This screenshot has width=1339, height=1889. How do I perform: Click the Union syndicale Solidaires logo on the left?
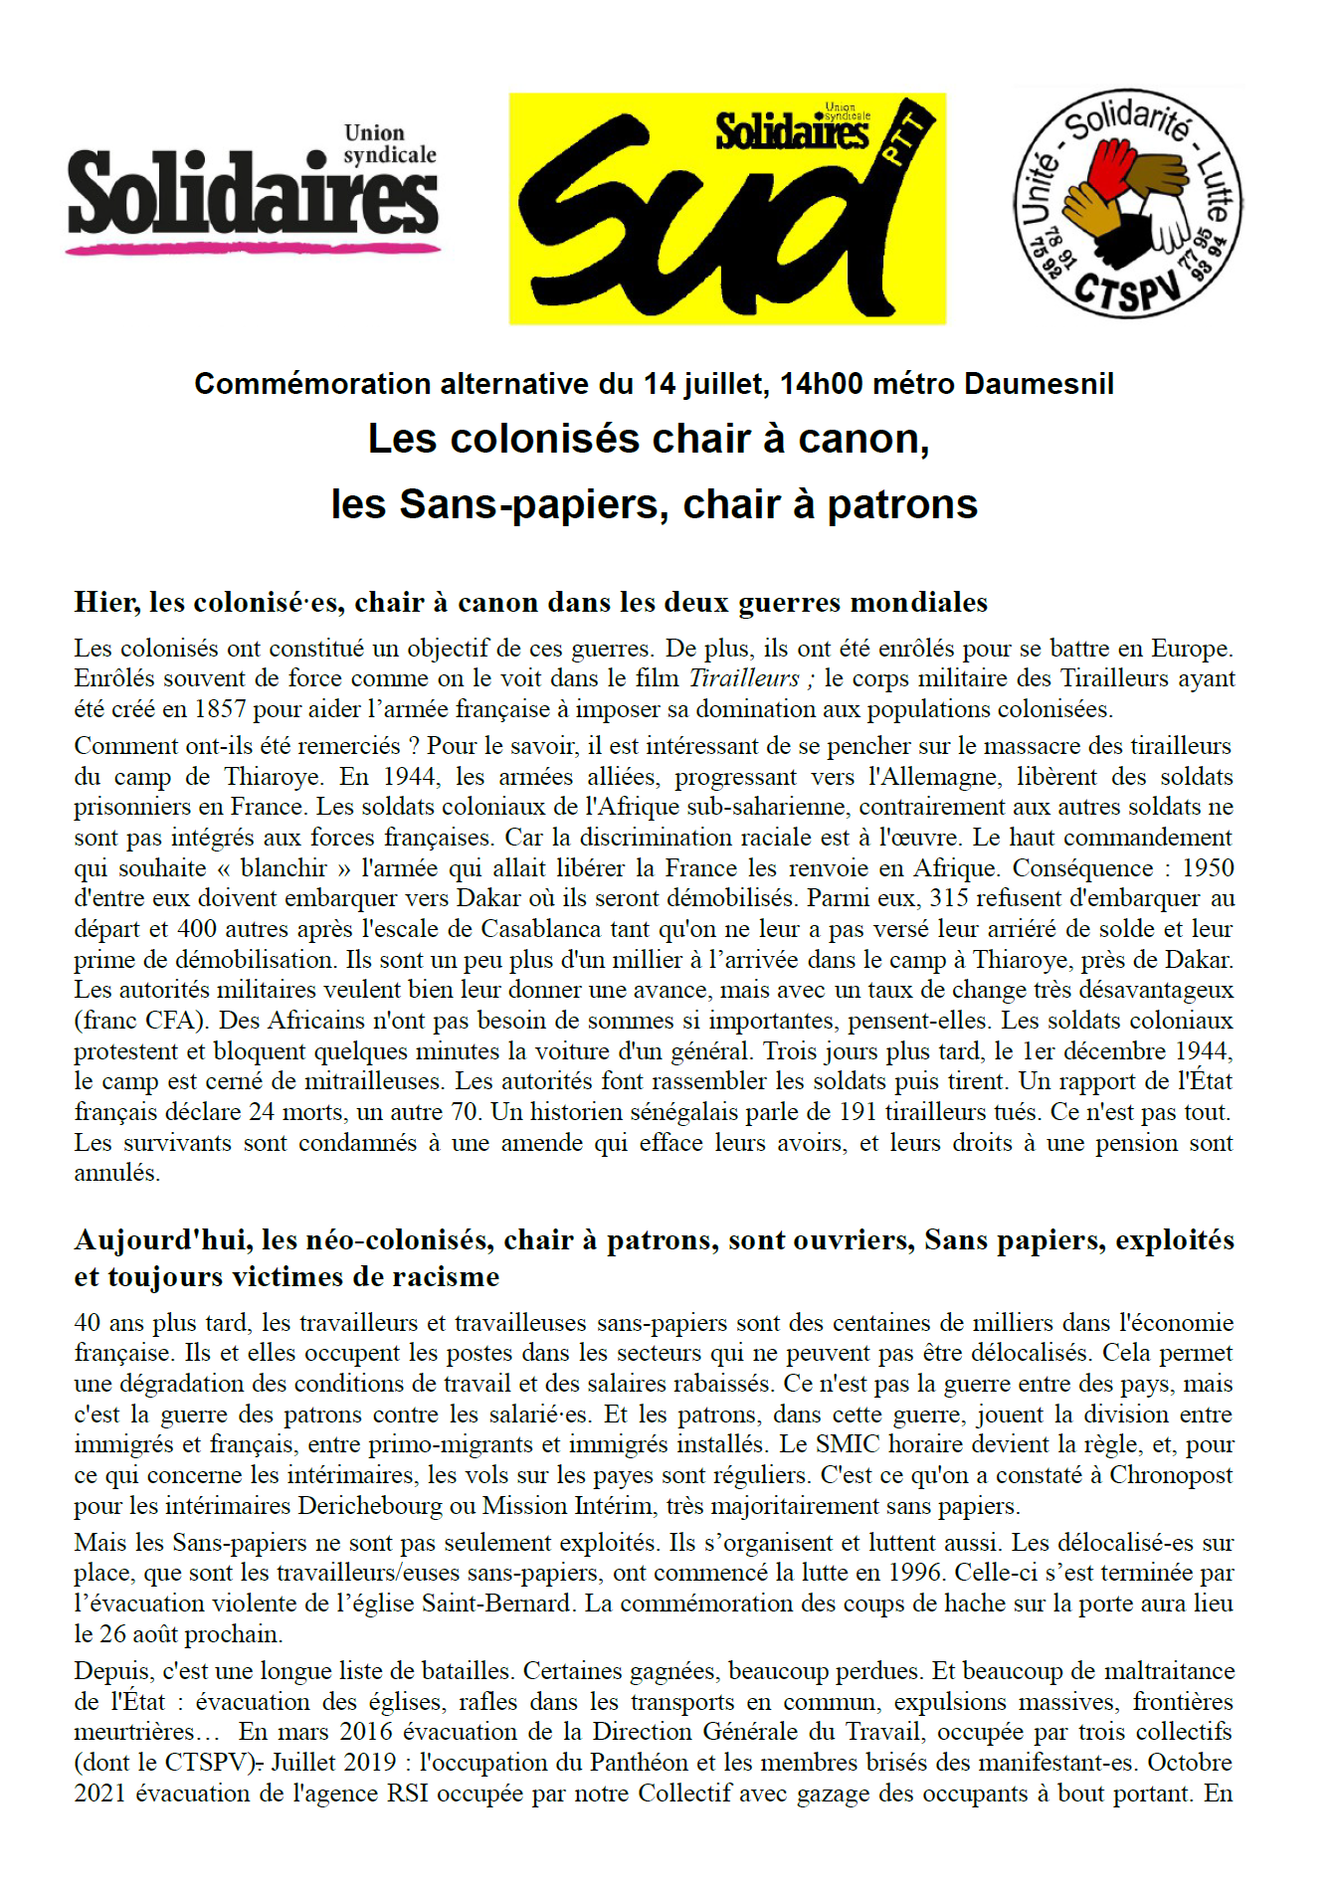253,189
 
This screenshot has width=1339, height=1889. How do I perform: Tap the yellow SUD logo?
727,209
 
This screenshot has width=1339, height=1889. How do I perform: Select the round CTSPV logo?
1127,204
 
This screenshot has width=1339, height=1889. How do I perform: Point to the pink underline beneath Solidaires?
253,247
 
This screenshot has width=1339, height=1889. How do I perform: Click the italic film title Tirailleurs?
744,678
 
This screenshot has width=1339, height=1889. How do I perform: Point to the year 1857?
220,709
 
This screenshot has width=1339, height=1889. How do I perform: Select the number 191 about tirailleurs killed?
858,1112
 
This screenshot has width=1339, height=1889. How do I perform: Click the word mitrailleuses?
379,1081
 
